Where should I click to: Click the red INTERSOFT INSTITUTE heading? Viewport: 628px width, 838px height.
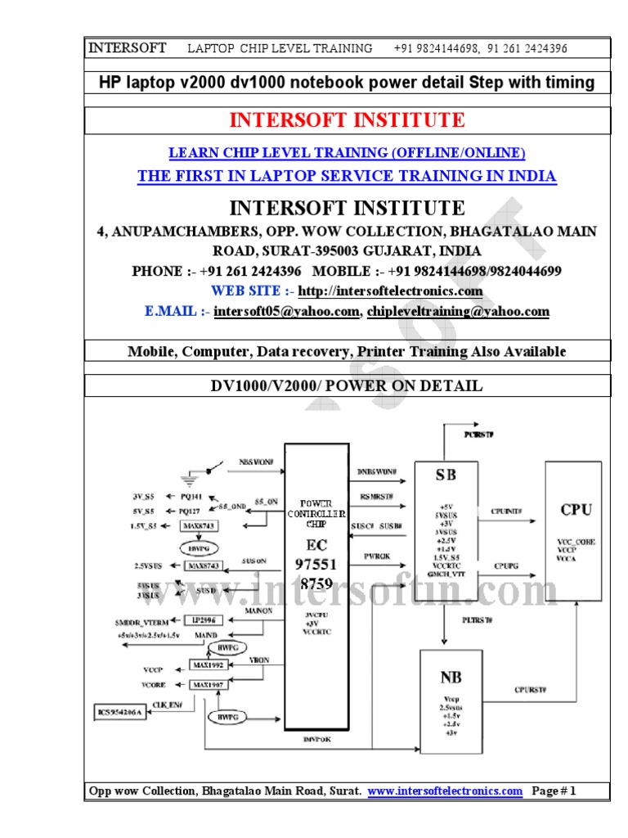pyautogui.click(x=347, y=121)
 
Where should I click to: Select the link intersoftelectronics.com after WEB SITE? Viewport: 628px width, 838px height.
pyautogui.click(x=390, y=291)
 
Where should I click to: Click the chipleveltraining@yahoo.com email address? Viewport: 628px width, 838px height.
pyautogui.click(x=458, y=312)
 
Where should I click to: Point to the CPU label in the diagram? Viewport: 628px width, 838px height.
pyautogui.click(x=576, y=510)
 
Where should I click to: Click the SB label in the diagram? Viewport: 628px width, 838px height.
pyautogui.click(x=446, y=475)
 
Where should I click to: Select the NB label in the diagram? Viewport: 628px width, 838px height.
pyautogui.click(x=451, y=677)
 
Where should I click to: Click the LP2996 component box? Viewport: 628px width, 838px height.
pyautogui.click(x=204, y=619)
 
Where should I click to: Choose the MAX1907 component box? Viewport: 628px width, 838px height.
pyautogui.click(x=206, y=684)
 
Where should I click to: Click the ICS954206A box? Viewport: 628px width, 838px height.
pyautogui.click(x=119, y=713)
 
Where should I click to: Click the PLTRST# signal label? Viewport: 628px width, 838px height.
pyautogui.click(x=477, y=620)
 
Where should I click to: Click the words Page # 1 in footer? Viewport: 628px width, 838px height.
pyautogui.click(x=554, y=791)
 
